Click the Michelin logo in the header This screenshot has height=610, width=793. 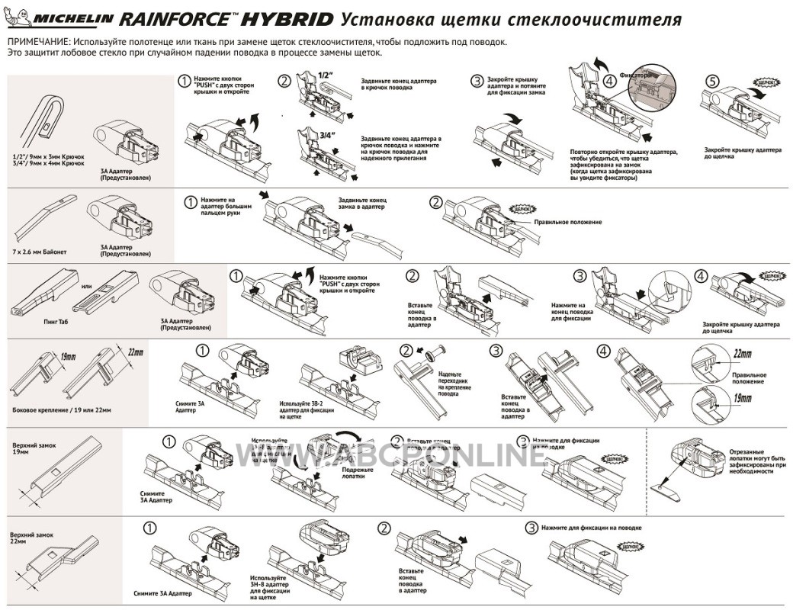[x=61, y=18]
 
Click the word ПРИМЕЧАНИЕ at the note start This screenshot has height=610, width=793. [x=36, y=42]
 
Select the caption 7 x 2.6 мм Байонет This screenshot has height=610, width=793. [x=39, y=248]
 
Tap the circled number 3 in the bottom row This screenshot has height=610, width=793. [x=531, y=528]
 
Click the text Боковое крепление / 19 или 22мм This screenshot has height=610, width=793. [x=62, y=410]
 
